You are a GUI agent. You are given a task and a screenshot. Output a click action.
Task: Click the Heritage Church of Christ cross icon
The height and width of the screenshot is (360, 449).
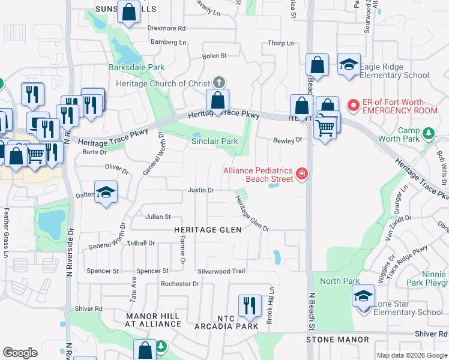(219, 83)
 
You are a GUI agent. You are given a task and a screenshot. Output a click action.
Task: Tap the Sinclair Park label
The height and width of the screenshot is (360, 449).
(214, 142)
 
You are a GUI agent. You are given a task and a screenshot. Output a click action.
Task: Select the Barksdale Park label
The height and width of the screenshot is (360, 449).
(136, 67)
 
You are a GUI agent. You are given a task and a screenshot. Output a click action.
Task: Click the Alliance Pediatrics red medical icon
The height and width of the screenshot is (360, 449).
(301, 175)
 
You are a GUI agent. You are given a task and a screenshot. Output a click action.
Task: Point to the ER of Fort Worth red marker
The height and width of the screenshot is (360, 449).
(354, 106)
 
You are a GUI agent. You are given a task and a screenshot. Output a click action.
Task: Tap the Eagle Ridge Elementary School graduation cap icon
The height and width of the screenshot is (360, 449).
(349, 65)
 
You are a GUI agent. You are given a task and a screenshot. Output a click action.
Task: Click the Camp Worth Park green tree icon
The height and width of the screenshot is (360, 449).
(429, 132)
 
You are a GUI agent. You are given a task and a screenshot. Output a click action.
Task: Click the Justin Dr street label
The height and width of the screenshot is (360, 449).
(201, 190)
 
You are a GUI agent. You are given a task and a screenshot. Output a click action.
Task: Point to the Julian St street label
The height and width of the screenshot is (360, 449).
(158, 217)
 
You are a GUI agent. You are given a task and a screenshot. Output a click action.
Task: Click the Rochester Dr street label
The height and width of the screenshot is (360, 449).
(179, 283)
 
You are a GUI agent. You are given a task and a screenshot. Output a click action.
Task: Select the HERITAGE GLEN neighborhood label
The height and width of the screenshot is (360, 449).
(208, 230)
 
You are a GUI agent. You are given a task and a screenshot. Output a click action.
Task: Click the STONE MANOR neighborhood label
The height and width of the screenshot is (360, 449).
(337, 340)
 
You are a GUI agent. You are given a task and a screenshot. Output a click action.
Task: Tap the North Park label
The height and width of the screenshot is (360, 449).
(340, 281)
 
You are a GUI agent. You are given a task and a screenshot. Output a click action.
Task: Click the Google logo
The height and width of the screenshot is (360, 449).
(20, 353)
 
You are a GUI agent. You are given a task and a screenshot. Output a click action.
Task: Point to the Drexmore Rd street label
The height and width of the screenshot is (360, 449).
(167, 28)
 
